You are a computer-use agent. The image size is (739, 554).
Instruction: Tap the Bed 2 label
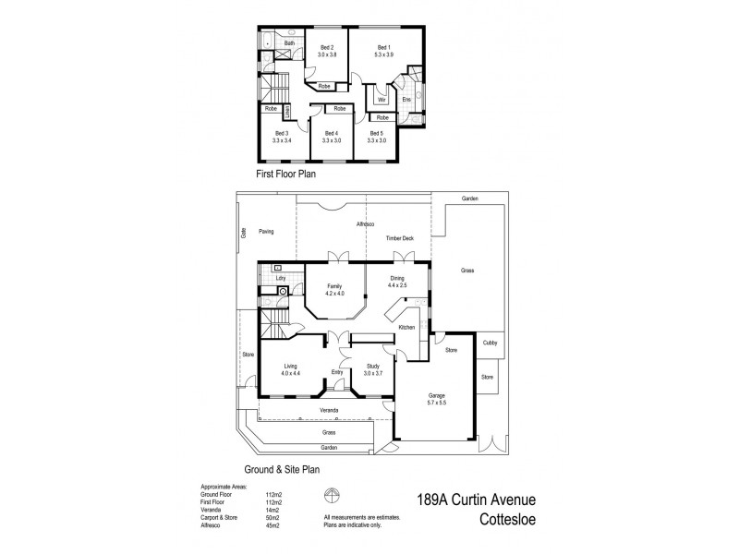(x=327, y=47)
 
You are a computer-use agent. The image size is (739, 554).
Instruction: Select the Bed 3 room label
(x=282, y=133)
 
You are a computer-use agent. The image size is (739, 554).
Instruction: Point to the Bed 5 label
(x=376, y=133)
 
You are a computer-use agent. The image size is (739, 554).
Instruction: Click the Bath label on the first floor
(x=289, y=43)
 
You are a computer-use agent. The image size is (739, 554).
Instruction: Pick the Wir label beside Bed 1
(x=382, y=99)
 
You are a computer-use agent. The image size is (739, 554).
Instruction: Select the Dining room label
(x=398, y=278)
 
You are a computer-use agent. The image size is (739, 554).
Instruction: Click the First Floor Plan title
(x=285, y=173)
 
